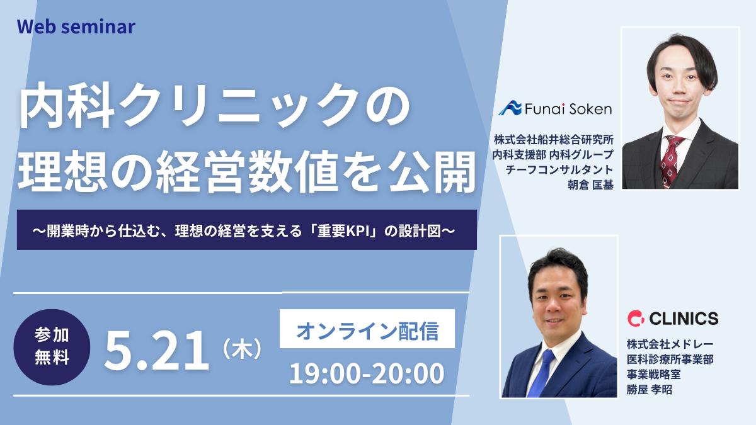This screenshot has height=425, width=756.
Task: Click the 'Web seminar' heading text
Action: tap(76, 27)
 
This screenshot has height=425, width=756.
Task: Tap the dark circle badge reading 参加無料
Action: tap(52, 347)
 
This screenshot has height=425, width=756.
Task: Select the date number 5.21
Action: tap(157, 351)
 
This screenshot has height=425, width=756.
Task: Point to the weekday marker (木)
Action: tap(243, 349)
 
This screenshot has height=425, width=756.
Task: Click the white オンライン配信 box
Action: tap(367, 329)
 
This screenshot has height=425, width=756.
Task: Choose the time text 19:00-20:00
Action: tap(367, 373)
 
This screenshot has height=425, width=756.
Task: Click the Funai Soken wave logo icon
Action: tap(510, 108)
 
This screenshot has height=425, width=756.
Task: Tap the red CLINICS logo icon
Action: tap(636, 319)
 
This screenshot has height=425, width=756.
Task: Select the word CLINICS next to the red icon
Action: tap(684, 319)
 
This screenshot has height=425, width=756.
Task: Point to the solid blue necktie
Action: tap(542, 373)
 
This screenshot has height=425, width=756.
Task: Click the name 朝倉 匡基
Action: tap(590, 185)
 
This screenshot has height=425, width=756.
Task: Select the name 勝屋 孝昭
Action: tap(650, 390)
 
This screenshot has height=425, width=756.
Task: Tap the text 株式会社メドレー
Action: tap(670, 344)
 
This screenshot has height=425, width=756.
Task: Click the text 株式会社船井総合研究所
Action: tap(554, 139)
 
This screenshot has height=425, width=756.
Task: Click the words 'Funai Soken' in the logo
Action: tap(568, 108)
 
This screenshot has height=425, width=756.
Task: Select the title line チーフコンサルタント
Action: tap(559, 169)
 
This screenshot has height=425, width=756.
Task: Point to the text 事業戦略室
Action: tap(654, 375)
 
